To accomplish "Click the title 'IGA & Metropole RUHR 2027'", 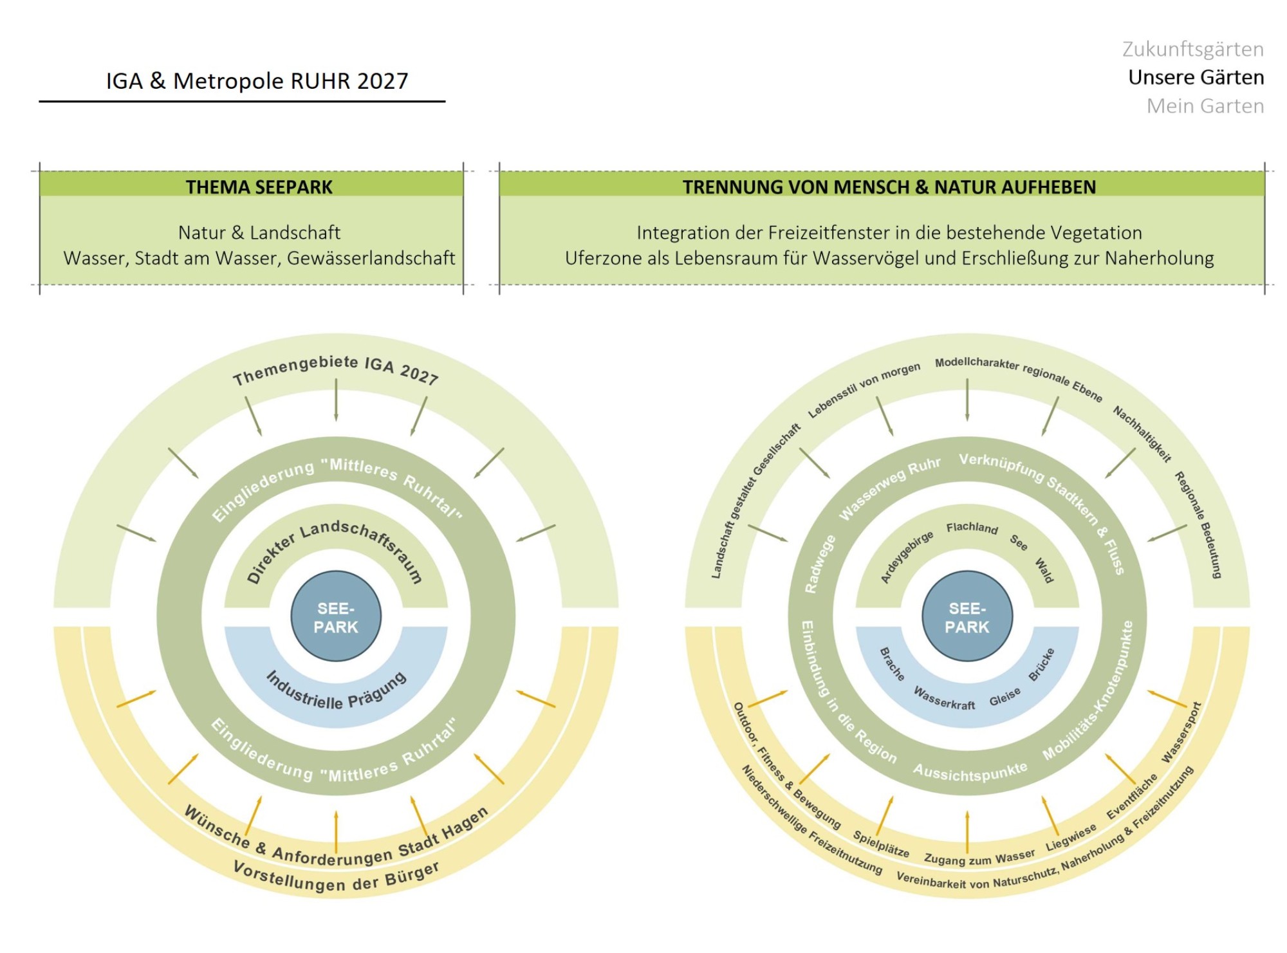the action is [257, 81].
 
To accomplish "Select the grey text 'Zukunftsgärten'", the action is [1193, 50].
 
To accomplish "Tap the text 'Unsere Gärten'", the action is [1196, 77].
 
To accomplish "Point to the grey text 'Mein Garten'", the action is [1205, 106].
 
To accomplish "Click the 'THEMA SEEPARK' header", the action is [259, 187].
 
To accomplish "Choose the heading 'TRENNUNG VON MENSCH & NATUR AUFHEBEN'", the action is [889, 187].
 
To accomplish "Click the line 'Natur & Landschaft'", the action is [259, 232].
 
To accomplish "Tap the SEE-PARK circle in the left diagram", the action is [336, 616].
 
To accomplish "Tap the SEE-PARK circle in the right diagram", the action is [967, 616].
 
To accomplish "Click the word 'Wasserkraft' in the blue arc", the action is [944, 699].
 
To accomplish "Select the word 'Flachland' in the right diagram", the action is [972, 528].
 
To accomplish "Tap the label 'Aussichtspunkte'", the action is [970, 772].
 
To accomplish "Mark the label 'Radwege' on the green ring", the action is [819, 564].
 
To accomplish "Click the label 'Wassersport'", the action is [1181, 733].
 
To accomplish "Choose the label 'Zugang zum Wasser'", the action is [979, 857].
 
